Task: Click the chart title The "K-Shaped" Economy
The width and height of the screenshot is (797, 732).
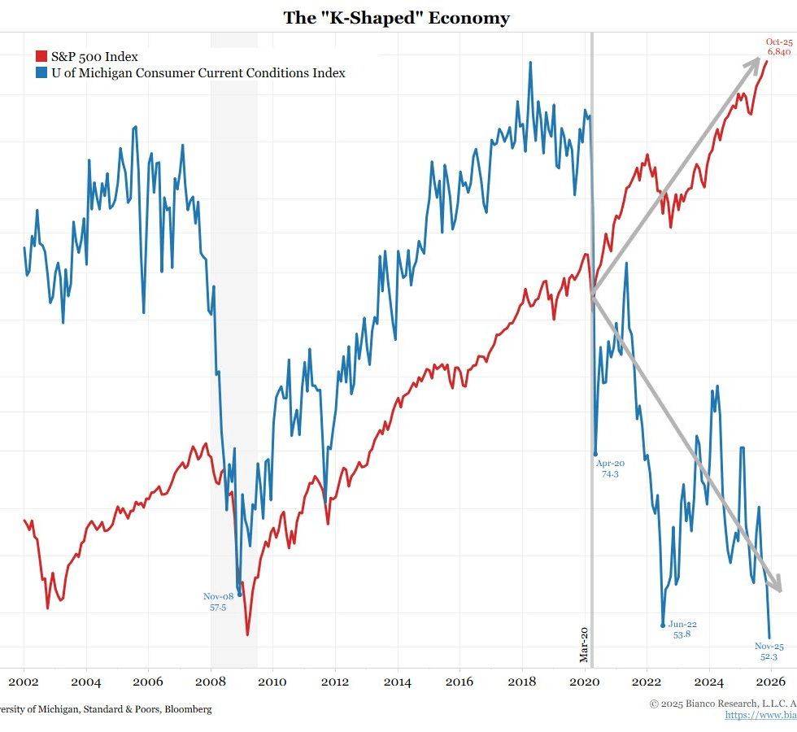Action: tap(397, 18)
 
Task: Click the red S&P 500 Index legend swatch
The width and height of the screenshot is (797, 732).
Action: tap(41, 57)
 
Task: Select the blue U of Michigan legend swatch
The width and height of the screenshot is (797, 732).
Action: tap(41, 73)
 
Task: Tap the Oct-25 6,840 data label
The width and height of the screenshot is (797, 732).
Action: tap(779, 46)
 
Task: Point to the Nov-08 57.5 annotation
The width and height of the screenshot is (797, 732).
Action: tap(218, 602)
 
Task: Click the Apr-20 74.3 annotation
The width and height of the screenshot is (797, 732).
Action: tap(610, 468)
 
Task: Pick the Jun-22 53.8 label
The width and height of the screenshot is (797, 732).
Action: tap(682, 630)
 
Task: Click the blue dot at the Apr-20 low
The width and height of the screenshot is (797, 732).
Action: tap(595, 454)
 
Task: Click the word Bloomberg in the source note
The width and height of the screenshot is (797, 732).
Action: tap(188, 709)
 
